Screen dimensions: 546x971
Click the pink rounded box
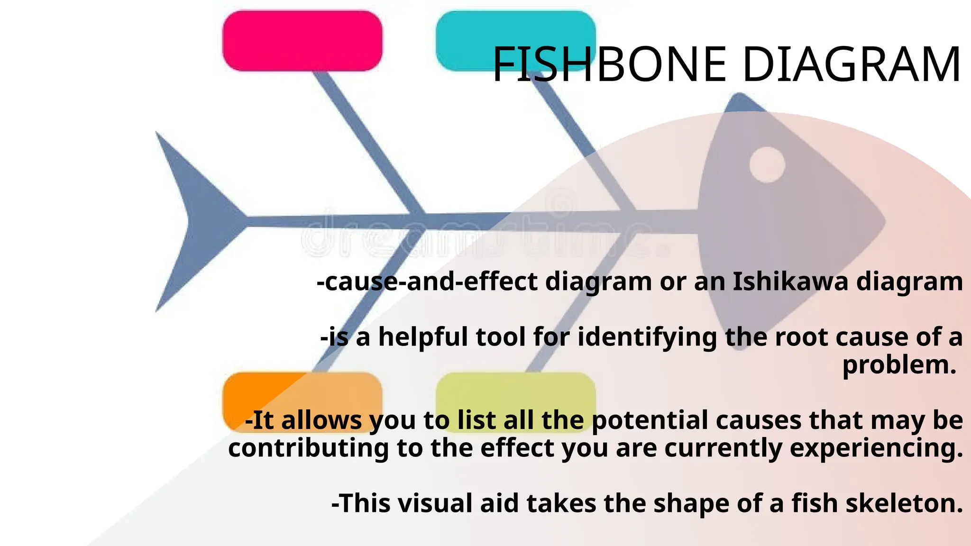point(302,41)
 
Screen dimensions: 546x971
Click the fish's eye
point(767,165)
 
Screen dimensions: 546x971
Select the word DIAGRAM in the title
point(852,64)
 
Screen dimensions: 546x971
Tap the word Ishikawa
point(790,282)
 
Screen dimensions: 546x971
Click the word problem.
point(899,365)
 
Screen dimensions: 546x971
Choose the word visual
point(435,503)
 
